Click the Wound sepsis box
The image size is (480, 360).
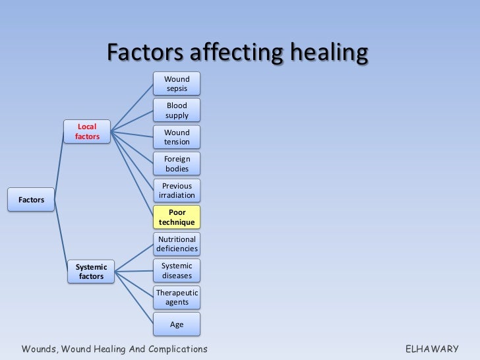pos(177,84)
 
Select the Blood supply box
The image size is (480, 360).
pos(177,110)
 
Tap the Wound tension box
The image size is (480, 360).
pos(177,137)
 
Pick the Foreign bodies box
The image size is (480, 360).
pos(177,164)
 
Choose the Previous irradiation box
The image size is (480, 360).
pos(177,191)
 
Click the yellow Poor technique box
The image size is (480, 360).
pos(177,217)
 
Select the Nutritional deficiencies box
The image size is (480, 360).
pos(177,244)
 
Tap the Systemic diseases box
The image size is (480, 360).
pos(177,270)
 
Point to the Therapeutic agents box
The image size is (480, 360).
pos(177,297)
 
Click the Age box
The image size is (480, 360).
pos(177,324)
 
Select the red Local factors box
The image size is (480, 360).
pos(87,131)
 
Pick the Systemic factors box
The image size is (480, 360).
pos(91,271)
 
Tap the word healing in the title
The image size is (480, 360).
pos(326,52)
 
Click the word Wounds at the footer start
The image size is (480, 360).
pos(39,348)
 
